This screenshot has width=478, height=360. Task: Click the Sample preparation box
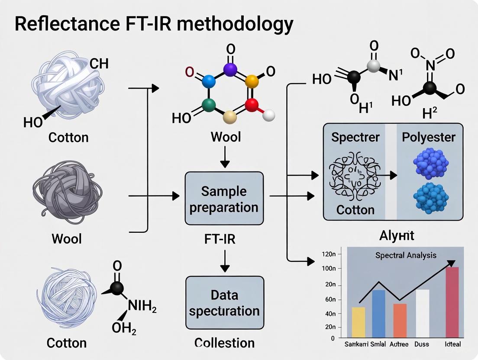click(x=224, y=198)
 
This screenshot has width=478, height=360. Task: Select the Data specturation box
click(x=224, y=303)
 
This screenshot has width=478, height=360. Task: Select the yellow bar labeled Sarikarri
click(x=359, y=322)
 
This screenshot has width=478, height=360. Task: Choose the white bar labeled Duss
click(x=423, y=313)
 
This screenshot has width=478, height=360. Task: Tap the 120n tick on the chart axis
click(x=329, y=254)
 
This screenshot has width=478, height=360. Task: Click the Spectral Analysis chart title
click(x=406, y=255)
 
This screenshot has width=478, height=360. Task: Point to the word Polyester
click(x=429, y=137)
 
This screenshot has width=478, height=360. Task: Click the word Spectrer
click(x=355, y=137)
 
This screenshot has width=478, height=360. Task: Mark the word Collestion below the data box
click(x=224, y=343)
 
